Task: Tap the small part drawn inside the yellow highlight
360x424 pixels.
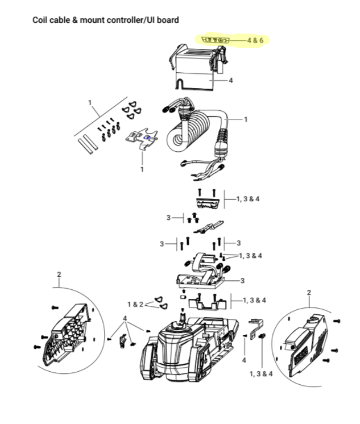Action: coord(215,40)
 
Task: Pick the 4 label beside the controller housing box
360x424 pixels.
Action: coord(231,81)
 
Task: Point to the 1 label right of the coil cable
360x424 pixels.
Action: coord(245,119)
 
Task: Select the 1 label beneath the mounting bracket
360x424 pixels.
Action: coord(142,169)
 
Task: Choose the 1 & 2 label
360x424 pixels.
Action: coord(135,305)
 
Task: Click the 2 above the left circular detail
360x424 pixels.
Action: coord(59,275)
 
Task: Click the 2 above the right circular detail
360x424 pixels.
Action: coord(309,292)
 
